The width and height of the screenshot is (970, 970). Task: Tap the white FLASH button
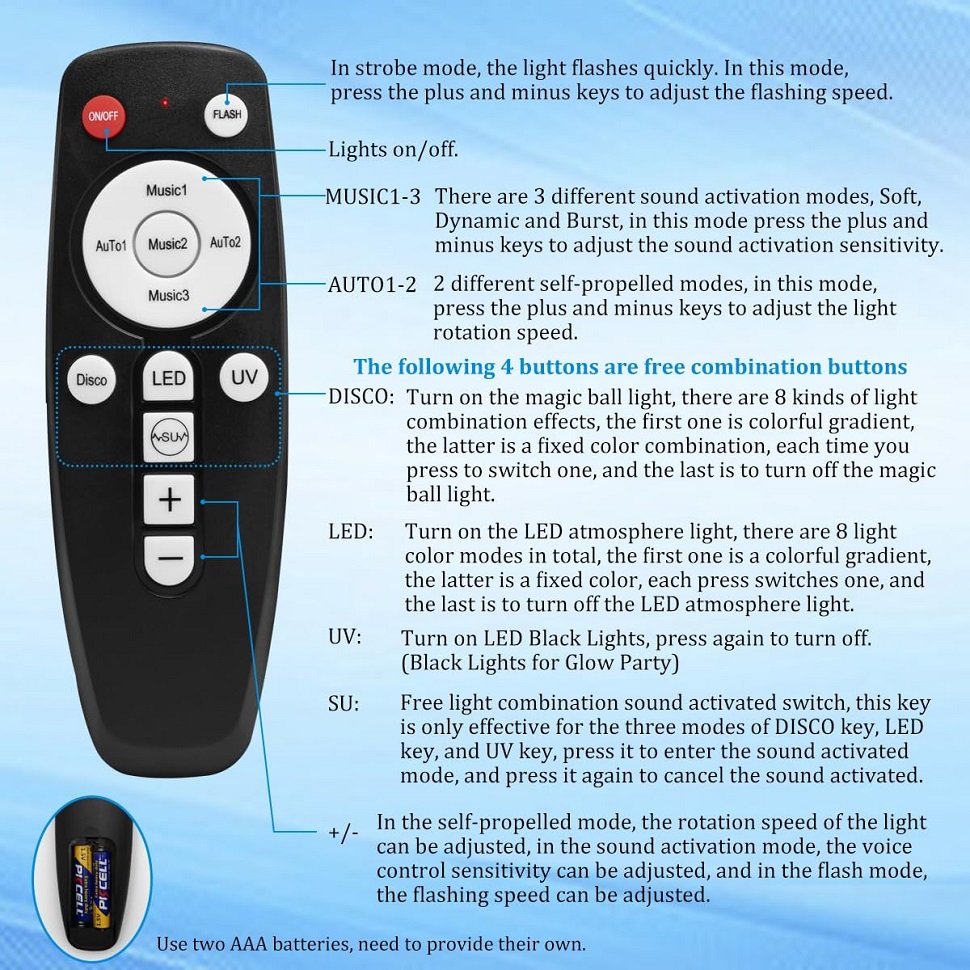click(226, 114)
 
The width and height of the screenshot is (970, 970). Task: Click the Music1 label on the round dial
click(166, 190)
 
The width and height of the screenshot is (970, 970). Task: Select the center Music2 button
click(167, 244)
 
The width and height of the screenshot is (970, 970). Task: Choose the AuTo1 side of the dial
click(111, 246)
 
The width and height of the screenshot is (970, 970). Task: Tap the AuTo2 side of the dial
click(225, 242)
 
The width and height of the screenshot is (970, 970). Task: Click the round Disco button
click(92, 380)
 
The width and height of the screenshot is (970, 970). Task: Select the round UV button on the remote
click(244, 377)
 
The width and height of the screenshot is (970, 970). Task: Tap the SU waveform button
click(168, 437)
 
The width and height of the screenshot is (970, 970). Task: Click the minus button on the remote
click(170, 559)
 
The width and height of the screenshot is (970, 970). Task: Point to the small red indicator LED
click(165, 102)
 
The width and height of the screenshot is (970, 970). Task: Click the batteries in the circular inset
click(92, 885)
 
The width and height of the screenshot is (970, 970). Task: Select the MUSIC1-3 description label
click(373, 197)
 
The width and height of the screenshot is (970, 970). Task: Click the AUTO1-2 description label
click(372, 285)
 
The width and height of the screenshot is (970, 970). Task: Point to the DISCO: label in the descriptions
click(361, 397)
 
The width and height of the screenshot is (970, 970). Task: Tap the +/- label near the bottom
click(343, 832)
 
